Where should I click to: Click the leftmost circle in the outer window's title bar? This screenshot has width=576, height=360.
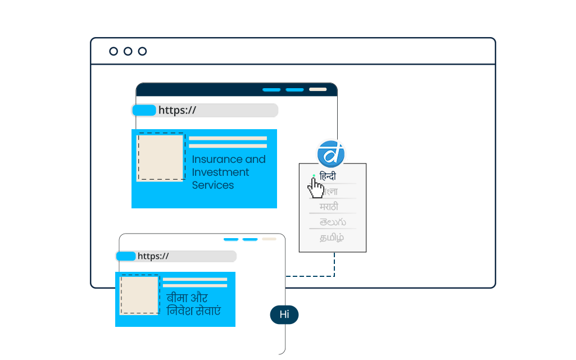click(114, 51)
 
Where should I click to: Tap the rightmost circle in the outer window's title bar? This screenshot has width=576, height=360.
click(142, 51)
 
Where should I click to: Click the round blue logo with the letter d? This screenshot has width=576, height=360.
click(331, 153)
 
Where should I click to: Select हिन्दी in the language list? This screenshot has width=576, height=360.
click(328, 176)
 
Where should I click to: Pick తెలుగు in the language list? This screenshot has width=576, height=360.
click(333, 222)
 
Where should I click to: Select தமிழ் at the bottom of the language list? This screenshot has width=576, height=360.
click(332, 238)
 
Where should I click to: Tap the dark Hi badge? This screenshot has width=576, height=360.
click(284, 315)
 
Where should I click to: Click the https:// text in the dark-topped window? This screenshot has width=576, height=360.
click(177, 110)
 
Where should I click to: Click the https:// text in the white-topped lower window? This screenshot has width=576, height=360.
click(153, 256)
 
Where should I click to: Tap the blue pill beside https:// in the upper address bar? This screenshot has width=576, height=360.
click(144, 110)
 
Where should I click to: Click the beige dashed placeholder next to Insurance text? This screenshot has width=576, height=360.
click(161, 157)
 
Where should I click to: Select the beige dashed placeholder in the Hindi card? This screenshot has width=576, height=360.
click(139, 295)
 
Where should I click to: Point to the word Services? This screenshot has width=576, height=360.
click(212, 185)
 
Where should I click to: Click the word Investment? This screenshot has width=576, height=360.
click(220, 172)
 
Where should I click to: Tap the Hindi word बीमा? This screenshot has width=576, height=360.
click(176, 298)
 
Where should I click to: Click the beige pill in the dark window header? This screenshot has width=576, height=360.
click(318, 89)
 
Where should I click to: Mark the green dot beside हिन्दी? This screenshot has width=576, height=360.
click(314, 176)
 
